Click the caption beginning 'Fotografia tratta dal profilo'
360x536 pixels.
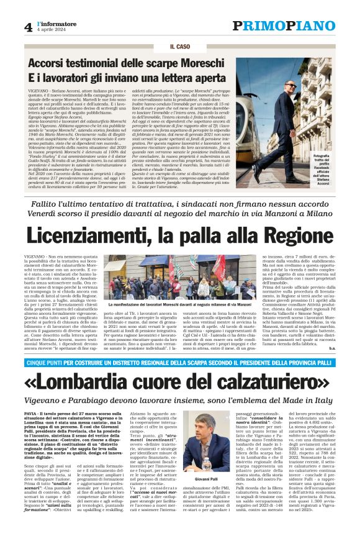pos(338,168)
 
